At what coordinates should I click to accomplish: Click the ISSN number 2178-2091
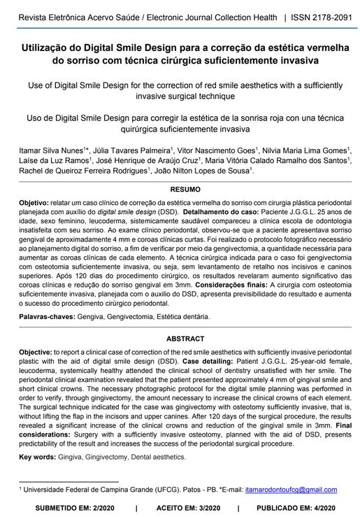(x=324, y=15)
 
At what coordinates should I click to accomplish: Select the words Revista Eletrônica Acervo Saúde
(x=82, y=15)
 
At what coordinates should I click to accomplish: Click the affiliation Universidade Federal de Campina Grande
(x=92, y=490)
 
